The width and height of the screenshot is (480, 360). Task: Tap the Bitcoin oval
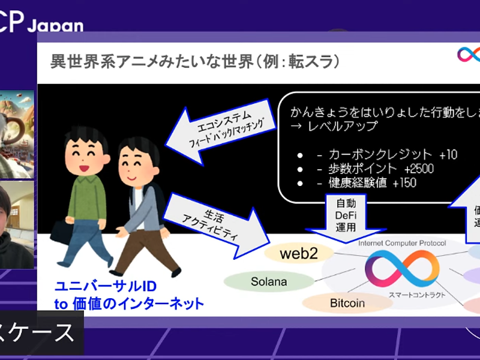[347, 303]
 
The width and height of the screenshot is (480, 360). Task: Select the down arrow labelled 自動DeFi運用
[346, 217]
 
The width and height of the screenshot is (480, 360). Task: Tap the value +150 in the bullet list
[404, 183]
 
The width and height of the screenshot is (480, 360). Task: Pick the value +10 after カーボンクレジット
[448, 155]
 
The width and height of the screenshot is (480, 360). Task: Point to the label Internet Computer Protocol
[401, 243]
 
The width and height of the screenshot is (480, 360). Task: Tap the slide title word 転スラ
[305, 61]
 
